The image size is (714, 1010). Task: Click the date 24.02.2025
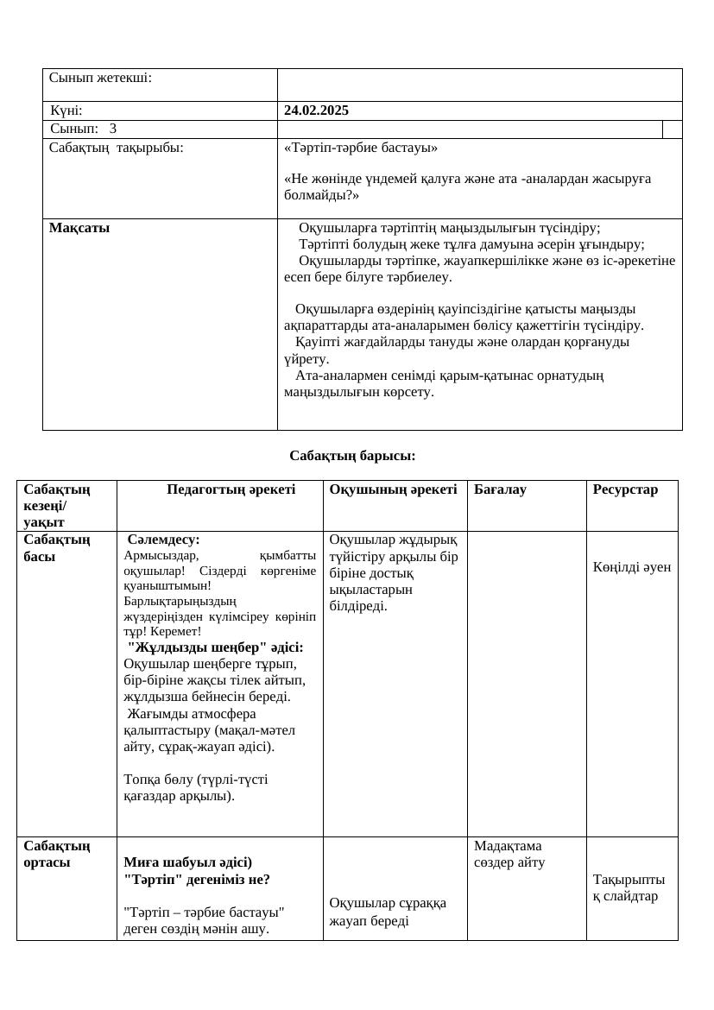316,110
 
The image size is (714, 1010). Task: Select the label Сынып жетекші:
100,78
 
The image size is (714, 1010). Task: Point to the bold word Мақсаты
79,228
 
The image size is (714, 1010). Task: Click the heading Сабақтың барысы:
352,455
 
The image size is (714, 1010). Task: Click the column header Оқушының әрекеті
393,489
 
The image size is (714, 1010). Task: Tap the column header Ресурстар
625,489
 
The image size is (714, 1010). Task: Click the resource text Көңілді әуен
631,567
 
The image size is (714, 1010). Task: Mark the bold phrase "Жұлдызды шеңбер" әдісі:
215,647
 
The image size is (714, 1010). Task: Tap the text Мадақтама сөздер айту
509,854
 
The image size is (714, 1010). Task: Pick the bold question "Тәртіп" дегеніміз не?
197,880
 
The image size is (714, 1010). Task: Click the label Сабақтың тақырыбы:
117,148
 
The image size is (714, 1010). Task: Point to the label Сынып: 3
83,129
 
